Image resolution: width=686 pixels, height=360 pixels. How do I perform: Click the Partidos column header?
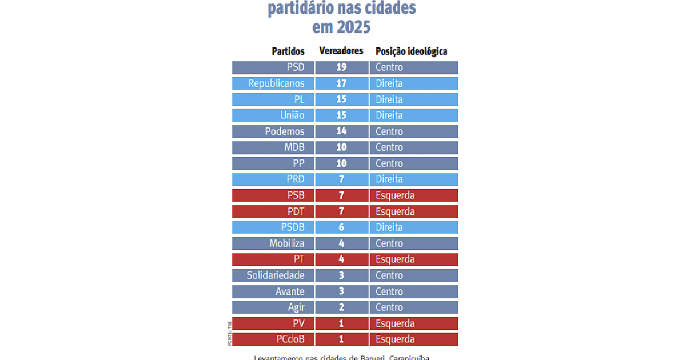(288, 51)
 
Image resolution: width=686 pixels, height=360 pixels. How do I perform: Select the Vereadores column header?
(341, 51)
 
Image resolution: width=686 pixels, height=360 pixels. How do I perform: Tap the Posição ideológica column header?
(411, 51)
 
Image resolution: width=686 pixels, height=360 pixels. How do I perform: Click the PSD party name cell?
(295, 67)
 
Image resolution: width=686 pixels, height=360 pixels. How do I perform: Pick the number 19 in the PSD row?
(341, 67)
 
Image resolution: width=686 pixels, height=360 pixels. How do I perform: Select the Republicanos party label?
(276, 83)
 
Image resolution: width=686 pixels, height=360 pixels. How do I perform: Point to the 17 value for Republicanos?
(341, 83)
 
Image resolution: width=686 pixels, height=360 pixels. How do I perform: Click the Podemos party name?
(285, 131)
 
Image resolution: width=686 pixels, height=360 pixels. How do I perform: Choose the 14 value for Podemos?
(341, 131)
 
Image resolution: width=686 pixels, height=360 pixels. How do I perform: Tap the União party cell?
(292, 115)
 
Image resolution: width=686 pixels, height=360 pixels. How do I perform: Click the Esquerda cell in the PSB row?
(395, 195)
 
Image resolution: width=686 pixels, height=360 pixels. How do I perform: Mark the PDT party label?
(295, 211)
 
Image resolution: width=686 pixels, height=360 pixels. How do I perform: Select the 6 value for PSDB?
(341, 227)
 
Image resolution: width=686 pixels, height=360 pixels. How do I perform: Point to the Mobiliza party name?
(287, 243)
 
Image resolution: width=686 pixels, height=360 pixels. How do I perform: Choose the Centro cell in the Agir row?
(389, 307)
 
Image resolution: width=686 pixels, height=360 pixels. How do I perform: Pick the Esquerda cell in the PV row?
(395, 323)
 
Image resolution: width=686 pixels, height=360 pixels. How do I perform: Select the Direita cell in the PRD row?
(389, 179)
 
